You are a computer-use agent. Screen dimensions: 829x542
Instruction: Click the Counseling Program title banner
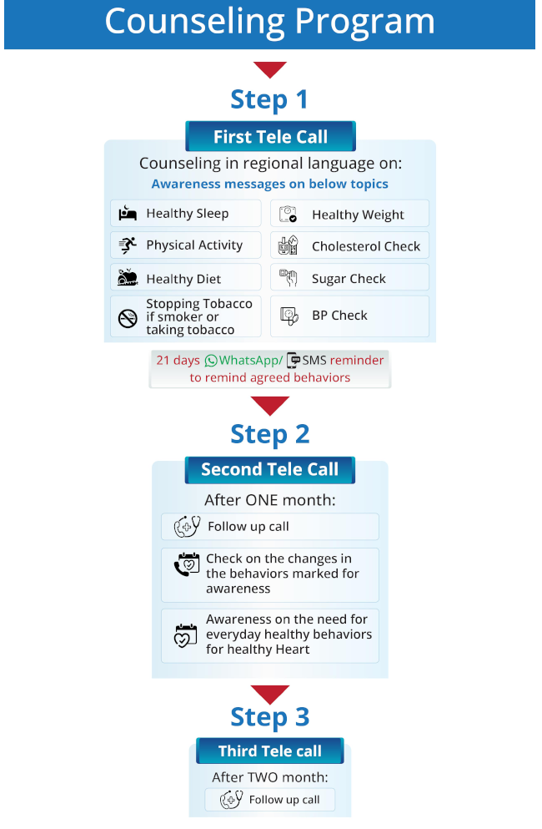269,23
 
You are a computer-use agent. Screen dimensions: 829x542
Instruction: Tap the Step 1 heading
269,99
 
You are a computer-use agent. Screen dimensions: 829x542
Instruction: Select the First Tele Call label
270,137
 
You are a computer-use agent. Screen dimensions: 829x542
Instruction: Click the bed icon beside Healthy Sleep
128,214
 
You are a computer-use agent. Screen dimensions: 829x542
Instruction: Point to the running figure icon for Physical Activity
128,245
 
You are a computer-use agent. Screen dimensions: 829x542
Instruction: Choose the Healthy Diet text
183,280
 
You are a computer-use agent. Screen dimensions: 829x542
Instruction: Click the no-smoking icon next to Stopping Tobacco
128,317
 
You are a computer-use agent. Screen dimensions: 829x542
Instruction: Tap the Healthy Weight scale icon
288,215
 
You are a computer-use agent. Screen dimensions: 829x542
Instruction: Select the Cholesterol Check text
366,246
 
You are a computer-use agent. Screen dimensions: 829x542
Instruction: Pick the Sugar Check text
349,279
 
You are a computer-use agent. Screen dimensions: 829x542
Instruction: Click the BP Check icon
288,316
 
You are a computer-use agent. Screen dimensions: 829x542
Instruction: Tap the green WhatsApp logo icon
211,361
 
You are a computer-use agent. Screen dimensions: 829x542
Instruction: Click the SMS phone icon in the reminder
293,361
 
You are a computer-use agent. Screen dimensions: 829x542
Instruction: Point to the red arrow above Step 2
269,407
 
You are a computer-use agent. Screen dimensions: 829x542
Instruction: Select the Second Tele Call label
270,469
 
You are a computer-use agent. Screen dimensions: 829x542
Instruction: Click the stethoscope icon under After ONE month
187,527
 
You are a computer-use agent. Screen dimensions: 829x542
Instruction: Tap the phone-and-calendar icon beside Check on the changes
187,565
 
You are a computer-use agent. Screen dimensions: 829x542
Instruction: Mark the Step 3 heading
269,717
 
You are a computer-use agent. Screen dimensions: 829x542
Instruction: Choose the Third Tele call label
270,751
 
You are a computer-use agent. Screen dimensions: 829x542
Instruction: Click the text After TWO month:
269,777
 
